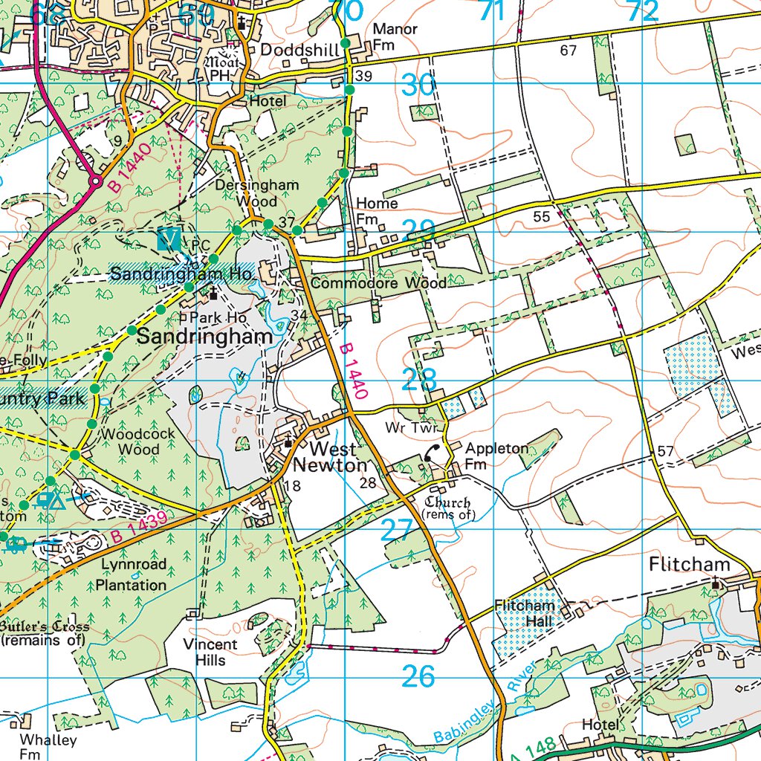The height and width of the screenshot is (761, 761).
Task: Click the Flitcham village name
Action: point(689,565)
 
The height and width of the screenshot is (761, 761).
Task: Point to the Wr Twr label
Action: point(405,428)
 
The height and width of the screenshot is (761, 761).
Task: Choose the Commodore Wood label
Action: point(379,283)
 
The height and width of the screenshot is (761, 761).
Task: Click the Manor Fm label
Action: point(395,36)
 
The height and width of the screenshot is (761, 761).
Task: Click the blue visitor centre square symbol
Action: point(169,239)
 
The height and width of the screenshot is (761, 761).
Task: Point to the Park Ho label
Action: point(217,317)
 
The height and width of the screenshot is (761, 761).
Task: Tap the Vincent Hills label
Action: point(210,652)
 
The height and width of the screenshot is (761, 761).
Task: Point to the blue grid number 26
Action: point(418,677)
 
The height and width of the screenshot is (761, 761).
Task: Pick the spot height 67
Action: point(569,51)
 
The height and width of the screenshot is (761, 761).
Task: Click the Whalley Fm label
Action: point(48,747)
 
